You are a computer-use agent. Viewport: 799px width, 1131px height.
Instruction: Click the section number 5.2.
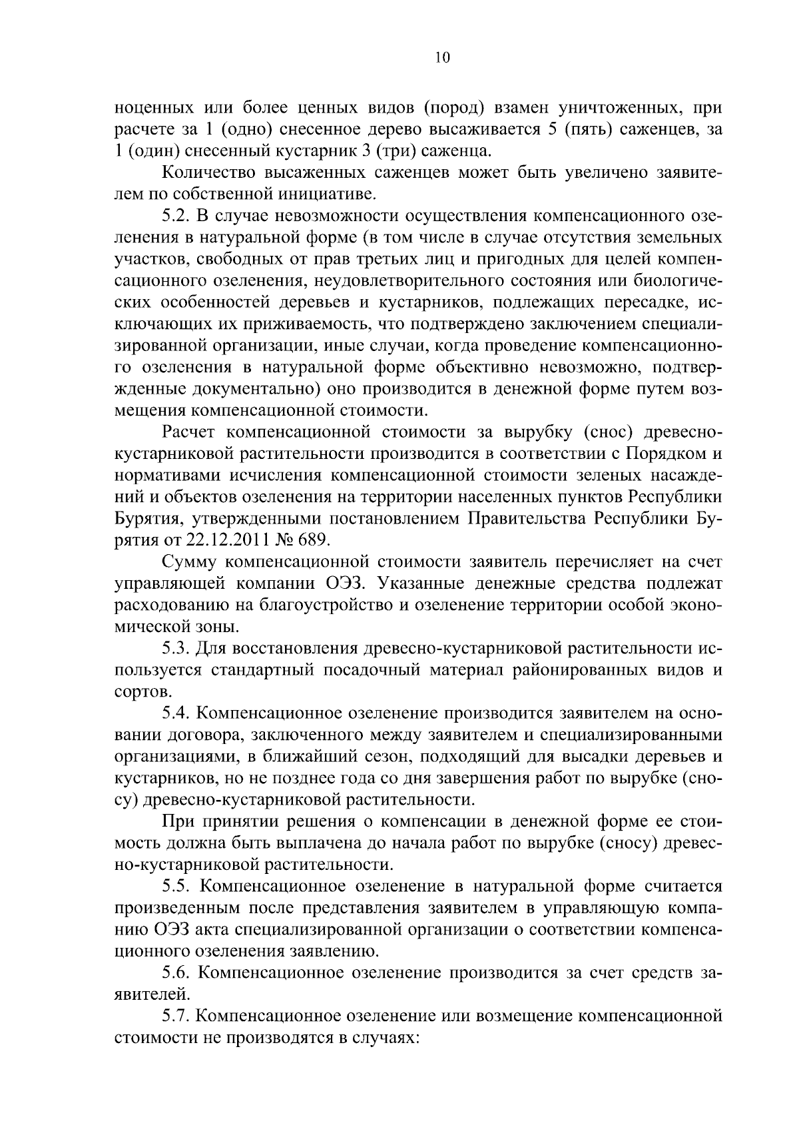(x=178, y=216)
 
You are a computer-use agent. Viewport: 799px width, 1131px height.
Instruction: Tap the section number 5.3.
(x=178, y=648)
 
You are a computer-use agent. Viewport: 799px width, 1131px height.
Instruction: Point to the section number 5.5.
(x=178, y=887)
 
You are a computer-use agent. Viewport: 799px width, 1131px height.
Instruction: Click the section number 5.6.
(x=178, y=973)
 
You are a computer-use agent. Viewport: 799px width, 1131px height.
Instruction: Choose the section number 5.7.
(x=178, y=1016)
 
